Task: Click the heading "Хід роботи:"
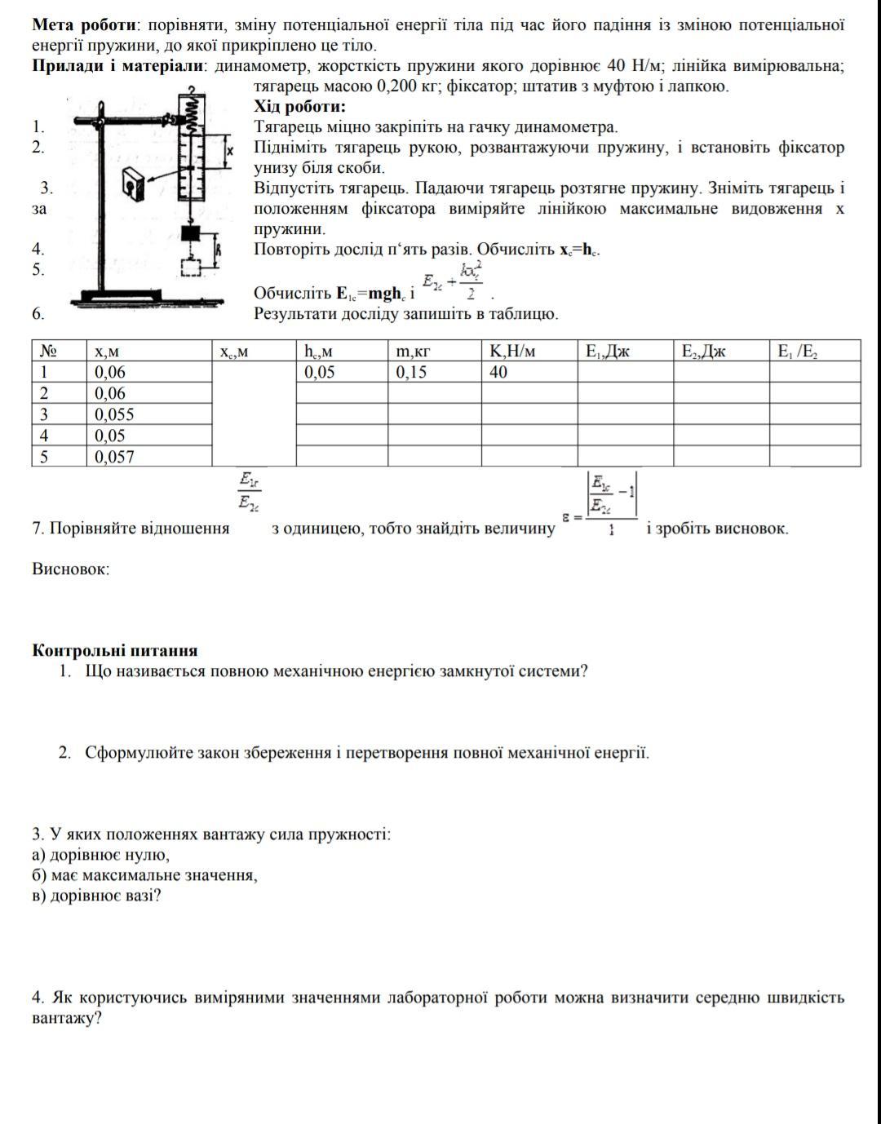click(x=299, y=107)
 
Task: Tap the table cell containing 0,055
click(x=114, y=414)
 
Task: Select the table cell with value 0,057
click(x=114, y=457)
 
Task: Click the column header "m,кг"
click(x=413, y=352)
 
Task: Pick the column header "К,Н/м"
click(x=512, y=352)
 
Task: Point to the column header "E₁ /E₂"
click(x=797, y=352)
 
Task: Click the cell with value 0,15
click(x=411, y=373)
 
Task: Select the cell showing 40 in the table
click(x=498, y=373)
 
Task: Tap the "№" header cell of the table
click(x=48, y=352)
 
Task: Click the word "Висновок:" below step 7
click(x=71, y=569)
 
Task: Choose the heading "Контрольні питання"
click(x=115, y=651)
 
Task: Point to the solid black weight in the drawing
click(x=191, y=233)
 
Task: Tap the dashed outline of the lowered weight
click(x=191, y=268)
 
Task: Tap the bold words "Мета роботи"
click(x=82, y=25)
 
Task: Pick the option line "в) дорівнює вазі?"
click(x=97, y=896)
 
